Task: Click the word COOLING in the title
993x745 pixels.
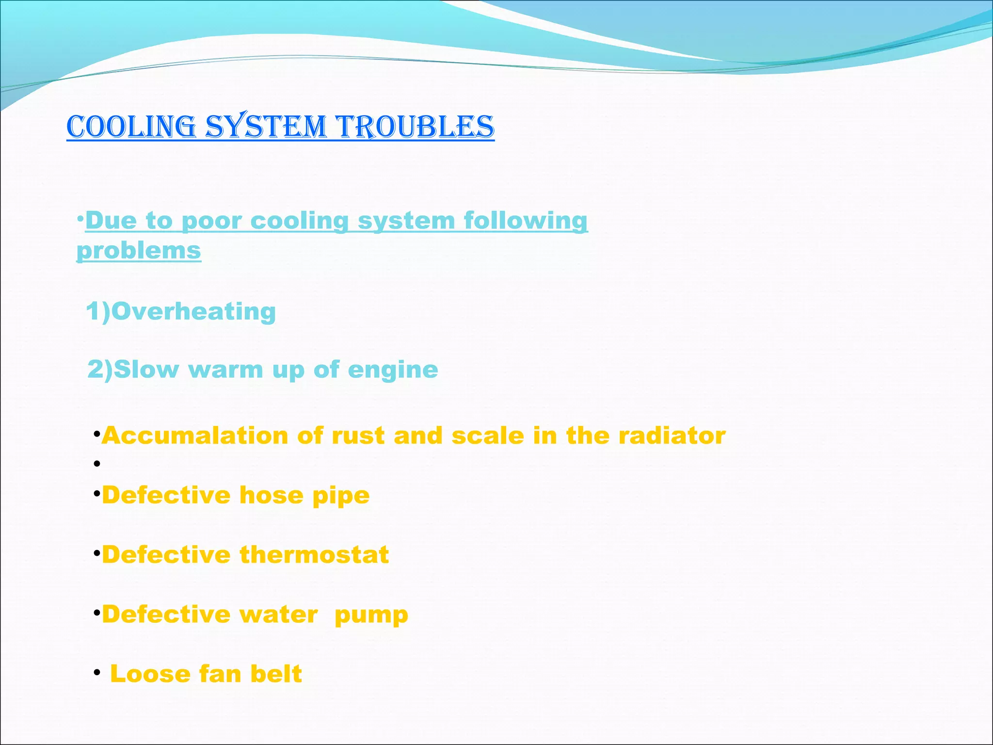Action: pyautogui.click(x=131, y=127)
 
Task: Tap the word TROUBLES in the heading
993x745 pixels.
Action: pyautogui.click(x=416, y=127)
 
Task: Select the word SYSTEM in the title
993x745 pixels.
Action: pyautogui.click(x=266, y=127)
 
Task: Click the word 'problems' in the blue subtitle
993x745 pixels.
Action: pyautogui.click(x=139, y=251)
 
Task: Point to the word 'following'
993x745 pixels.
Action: pyautogui.click(x=526, y=221)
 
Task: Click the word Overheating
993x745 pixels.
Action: pyautogui.click(x=193, y=311)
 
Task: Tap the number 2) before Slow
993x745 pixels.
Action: pyautogui.click(x=99, y=370)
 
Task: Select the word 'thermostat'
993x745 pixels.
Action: pyautogui.click(x=314, y=555)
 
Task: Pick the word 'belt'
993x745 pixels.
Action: pyautogui.click(x=276, y=674)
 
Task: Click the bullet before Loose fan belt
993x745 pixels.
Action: pyautogui.click(x=97, y=673)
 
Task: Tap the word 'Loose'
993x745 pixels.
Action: pyautogui.click(x=150, y=674)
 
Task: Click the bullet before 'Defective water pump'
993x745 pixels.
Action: pyautogui.click(x=97, y=613)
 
